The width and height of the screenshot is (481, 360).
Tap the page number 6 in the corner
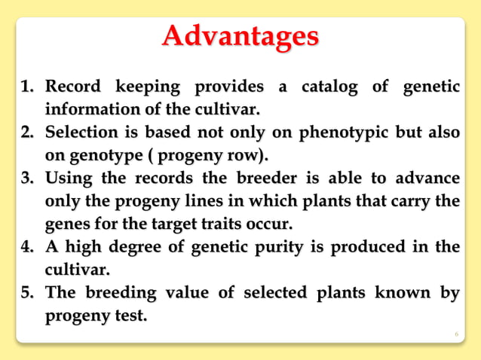pyautogui.click(x=457, y=332)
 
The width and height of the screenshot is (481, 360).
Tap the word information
pyautogui.click(x=87, y=110)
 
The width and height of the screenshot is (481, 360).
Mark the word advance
pyautogui.click(x=427, y=179)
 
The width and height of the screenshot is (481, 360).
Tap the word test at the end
pyautogui.click(x=129, y=316)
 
